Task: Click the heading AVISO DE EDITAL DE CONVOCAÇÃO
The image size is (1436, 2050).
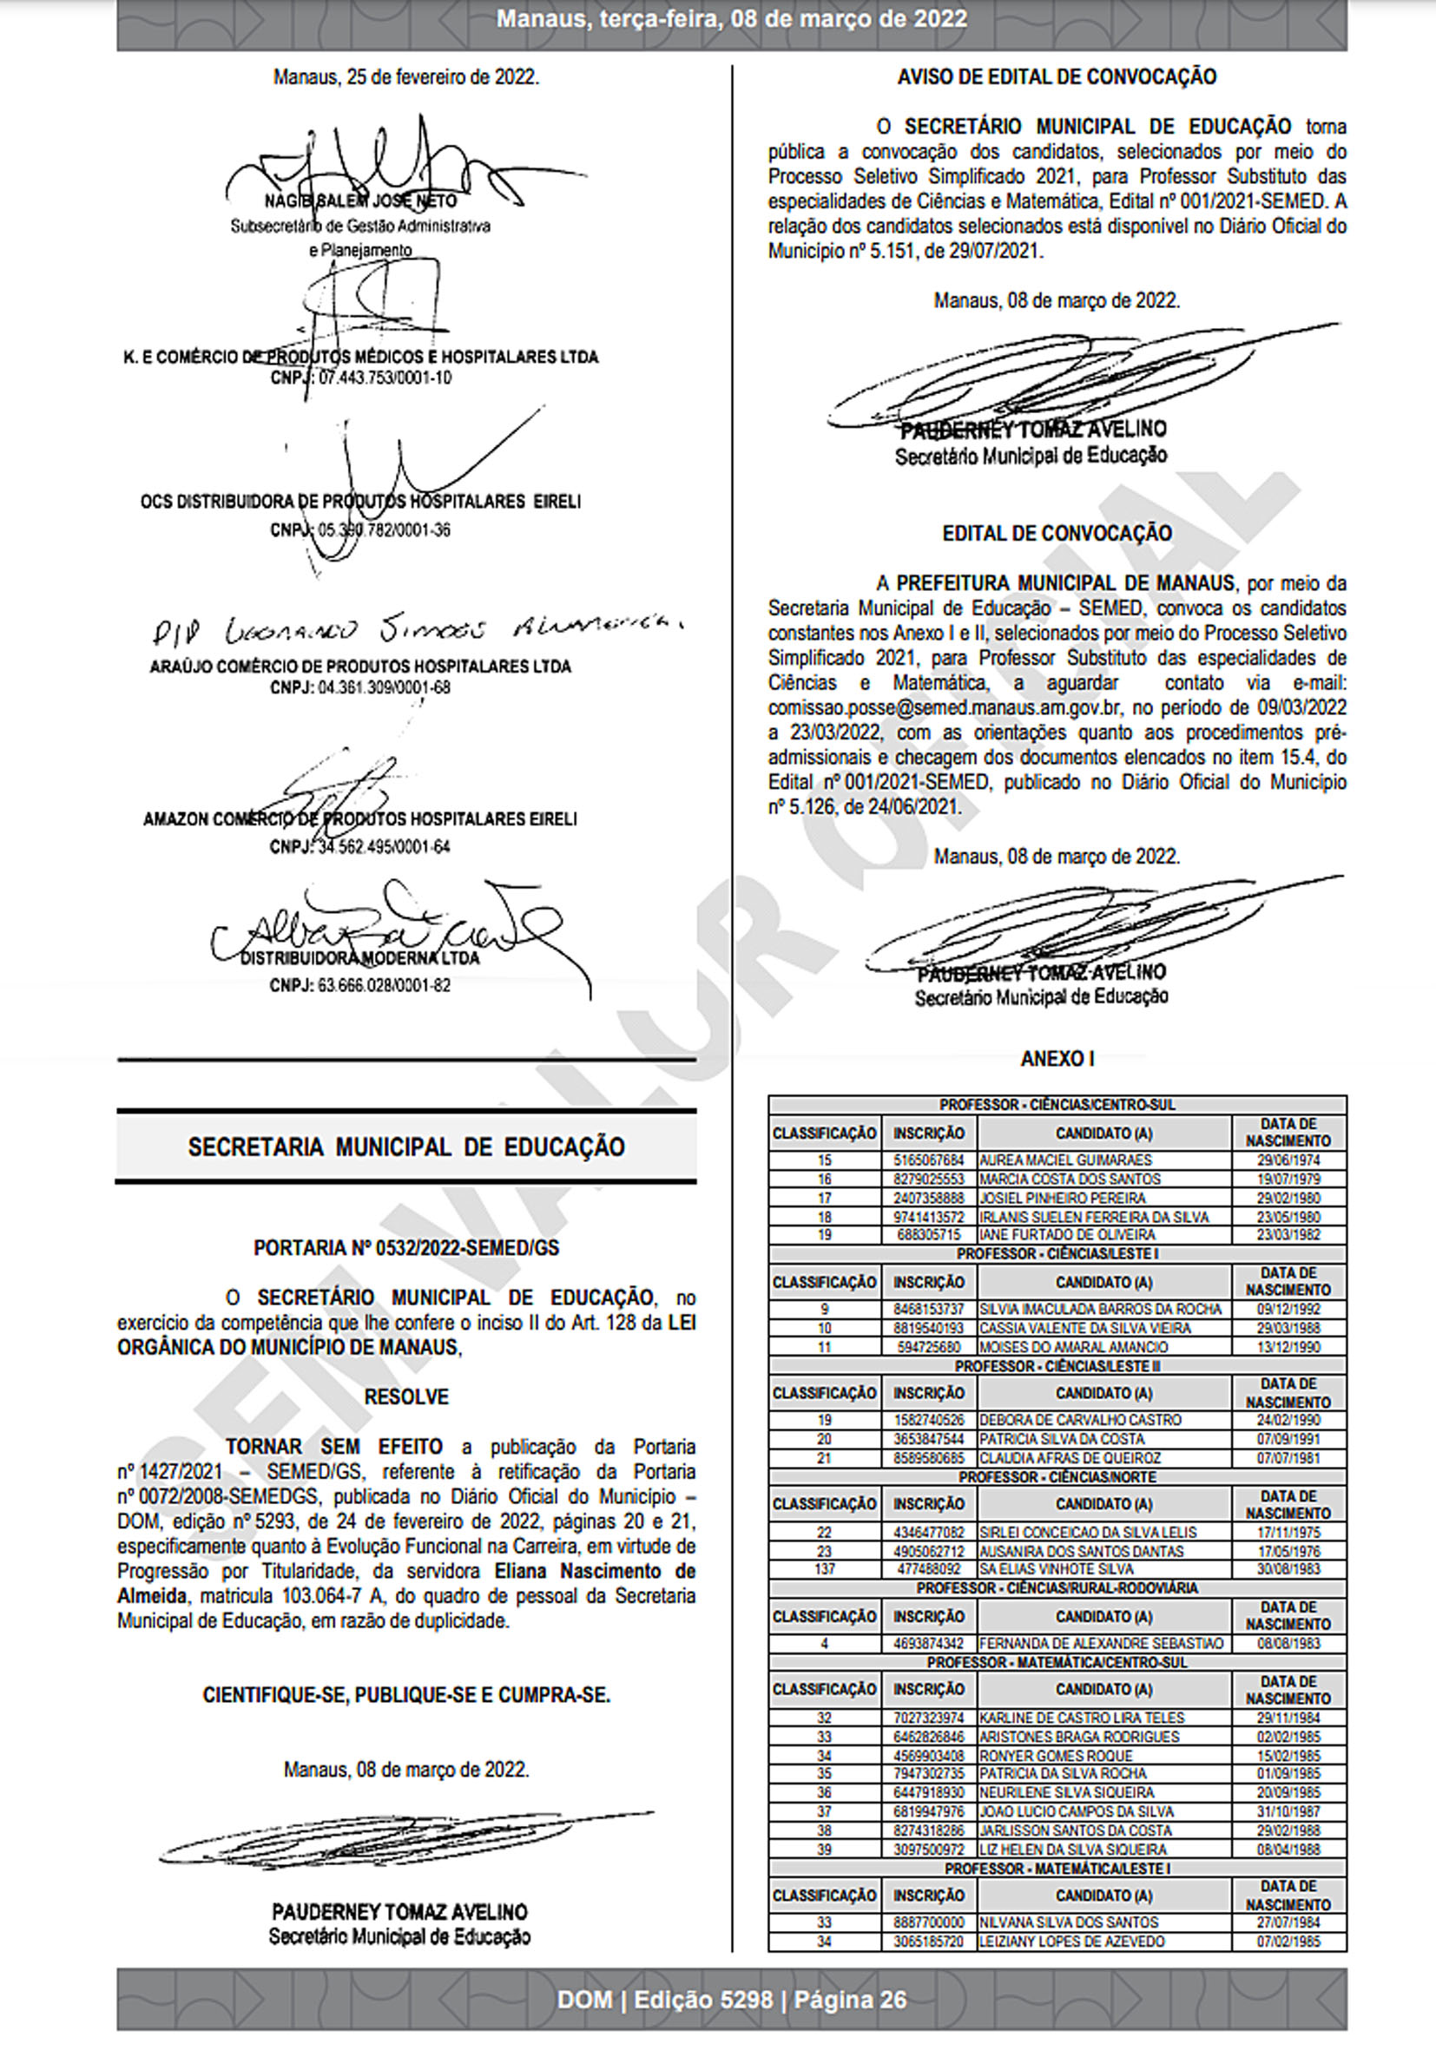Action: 1057,76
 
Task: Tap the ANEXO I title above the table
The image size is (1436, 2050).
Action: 1057,1059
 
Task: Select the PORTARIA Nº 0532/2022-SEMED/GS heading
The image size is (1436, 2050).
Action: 406,1247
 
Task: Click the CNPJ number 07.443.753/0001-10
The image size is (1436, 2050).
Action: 385,378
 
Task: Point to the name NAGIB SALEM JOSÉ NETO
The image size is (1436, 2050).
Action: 361,200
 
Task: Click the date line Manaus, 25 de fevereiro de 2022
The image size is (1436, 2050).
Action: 406,76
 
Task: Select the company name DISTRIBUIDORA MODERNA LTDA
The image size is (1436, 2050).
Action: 360,958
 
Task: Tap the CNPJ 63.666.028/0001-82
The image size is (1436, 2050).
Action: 384,986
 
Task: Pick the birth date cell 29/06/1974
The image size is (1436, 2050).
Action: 1288,1160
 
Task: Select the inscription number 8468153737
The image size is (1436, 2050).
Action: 929,1309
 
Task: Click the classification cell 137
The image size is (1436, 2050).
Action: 824,1569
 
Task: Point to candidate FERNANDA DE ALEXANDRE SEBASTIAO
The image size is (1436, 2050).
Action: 1101,1643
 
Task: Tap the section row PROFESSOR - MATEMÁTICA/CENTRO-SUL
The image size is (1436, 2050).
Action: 1057,1663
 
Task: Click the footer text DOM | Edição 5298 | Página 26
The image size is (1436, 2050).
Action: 731,2000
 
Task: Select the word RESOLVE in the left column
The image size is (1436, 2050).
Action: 406,1396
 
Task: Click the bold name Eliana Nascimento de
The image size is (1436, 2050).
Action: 595,1571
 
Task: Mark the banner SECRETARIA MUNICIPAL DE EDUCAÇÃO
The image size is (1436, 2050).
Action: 406,1147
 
